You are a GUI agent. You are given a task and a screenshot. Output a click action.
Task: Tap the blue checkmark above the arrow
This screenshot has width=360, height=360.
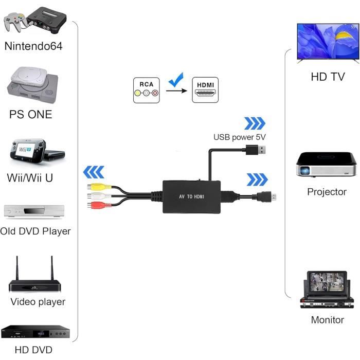pos(176,80)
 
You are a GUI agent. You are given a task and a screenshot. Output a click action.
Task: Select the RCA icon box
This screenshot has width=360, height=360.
pos(146,89)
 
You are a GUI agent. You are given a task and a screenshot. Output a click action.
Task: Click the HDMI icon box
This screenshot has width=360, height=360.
pos(205,89)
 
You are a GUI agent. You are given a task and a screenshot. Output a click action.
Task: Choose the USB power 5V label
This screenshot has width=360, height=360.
pos(239,137)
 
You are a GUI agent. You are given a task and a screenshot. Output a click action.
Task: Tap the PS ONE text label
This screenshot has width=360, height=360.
pos(31,114)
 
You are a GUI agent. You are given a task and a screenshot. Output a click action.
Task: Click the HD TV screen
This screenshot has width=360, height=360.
pos(327,43)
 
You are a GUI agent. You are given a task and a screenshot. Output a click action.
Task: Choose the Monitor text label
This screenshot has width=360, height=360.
pos(327,320)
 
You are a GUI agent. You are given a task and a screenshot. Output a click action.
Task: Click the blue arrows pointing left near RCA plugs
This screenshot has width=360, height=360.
pos(94,171)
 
